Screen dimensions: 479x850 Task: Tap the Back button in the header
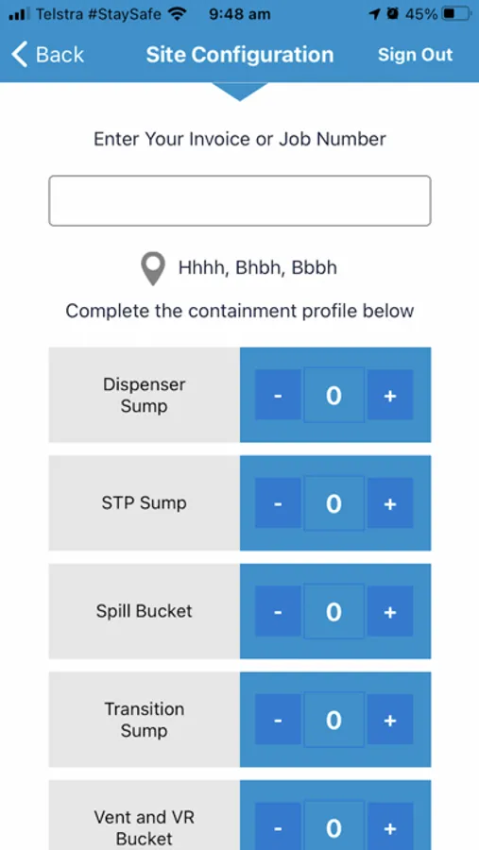point(48,55)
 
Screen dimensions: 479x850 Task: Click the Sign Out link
point(415,55)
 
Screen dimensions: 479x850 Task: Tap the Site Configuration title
point(240,55)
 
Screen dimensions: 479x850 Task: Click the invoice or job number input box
point(240,200)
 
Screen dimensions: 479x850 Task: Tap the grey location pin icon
point(153,269)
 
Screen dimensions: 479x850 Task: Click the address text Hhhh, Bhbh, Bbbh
point(258,268)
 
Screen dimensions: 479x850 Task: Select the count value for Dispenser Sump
point(334,395)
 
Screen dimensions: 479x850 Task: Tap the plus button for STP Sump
point(390,503)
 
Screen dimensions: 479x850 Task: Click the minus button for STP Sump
point(278,503)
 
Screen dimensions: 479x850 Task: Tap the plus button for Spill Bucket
point(390,611)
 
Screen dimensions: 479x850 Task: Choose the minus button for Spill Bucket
point(278,611)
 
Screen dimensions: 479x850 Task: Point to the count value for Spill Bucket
point(334,611)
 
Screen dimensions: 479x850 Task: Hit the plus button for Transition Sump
point(390,720)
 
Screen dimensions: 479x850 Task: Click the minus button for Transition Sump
point(278,720)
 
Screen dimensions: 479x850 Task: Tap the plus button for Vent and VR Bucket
point(390,826)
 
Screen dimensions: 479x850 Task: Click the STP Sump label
point(145,503)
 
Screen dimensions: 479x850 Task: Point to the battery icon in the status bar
point(456,14)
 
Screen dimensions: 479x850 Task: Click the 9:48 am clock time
point(239,14)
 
